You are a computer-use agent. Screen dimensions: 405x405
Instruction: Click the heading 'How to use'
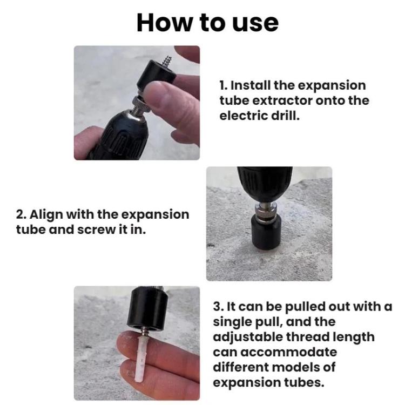point(207,23)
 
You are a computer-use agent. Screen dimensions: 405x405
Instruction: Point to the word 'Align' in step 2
point(48,214)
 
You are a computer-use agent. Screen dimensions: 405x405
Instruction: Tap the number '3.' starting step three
point(218,307)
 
